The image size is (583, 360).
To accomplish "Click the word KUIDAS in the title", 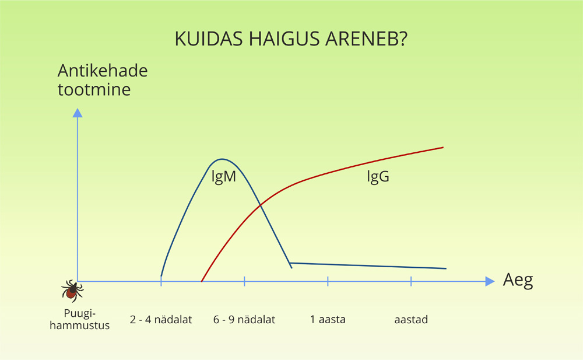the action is tap(209, 39).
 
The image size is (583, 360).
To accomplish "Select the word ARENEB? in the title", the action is tap(367, 39).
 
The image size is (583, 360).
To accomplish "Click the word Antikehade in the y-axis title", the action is tap(103, 71).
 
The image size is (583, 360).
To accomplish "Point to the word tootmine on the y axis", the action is tap(94, 89).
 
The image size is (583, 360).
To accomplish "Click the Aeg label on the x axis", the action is tap(518, 280).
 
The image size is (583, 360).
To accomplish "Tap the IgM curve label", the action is tap(224, 176).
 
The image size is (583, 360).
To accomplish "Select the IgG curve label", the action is tap(378, 176).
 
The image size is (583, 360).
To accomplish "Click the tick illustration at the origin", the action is tap(72, 291).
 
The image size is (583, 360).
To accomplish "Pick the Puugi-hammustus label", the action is tap(79, 319).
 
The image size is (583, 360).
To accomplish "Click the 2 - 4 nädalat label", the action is tap(161, 319).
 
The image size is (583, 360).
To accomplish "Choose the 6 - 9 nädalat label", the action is tap(244, 319).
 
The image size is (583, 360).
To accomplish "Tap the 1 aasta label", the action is tap(328, 319).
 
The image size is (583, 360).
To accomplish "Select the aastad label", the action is tap(411, 319).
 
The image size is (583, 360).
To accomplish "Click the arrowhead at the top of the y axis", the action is tap(78, 113).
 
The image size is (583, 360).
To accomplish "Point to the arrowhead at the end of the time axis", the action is tap(490, 281).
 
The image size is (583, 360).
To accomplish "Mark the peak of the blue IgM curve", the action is tap(222, 159).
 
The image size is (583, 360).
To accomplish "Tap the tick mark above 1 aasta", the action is tap(328, 281).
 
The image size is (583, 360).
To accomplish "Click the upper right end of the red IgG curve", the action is tap(443, 148).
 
